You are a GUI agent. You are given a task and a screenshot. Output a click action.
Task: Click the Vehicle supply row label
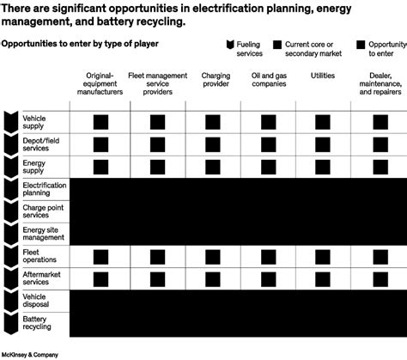pyautogui.click(x=35, y=121)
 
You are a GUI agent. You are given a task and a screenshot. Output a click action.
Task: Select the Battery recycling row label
pyautogui.click(x=35, y=322)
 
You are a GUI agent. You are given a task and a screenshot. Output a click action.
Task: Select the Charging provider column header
pyautogui.click(x=216, y=81)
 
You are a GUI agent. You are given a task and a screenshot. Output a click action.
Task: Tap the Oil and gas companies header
pyautogui.click(x=268, y=81)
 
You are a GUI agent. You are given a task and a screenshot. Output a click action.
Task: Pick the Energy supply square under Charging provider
pyautogui.click(x=216, y=166)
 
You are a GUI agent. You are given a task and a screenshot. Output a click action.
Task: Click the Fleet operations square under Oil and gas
pyautogui.click(x=268, y=255)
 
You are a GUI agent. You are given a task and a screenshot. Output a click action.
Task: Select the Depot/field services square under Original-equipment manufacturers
pyautogui.click(x=101, y=143)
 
